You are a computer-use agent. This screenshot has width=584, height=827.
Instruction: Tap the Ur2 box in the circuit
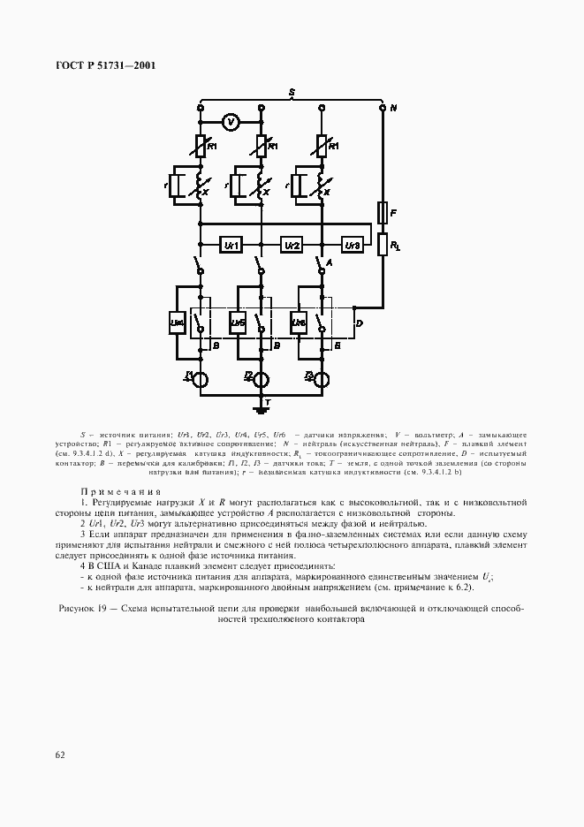click(292, 244)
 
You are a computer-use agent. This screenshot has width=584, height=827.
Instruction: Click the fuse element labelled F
click(383, 213)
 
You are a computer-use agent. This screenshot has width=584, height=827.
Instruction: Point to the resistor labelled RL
click(383, 244)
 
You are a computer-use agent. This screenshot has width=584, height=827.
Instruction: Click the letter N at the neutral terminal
click(394, 108)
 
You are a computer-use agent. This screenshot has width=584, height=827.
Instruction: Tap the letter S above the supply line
click(292, 92)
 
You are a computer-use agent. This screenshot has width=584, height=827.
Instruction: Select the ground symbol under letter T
click(262, 408)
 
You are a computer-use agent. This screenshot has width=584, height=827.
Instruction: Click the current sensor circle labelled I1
click(201, 380)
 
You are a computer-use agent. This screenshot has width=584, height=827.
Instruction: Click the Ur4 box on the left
click(177, 324)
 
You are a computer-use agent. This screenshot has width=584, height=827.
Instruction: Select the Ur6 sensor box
click(299, 324)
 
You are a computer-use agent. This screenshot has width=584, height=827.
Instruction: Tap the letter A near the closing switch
click(329, 262)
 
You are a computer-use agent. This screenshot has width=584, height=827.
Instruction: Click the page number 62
click(60, 755)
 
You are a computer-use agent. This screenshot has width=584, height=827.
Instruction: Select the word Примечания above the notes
click(121, 490)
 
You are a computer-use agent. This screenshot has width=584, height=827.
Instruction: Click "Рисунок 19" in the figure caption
click(87, 609)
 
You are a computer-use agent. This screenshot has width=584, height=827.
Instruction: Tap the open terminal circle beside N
click(383, 108)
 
